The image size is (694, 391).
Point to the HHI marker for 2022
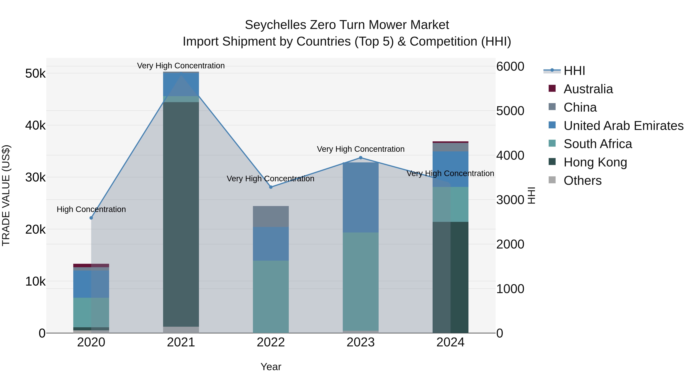tap(271, 187)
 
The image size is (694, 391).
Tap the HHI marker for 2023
tap(360, 158)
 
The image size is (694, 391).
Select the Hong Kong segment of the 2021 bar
tap(181, 214)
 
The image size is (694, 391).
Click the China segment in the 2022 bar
tap(271, 216)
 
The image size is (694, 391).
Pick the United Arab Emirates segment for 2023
tap(360, 198)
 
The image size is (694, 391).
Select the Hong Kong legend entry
tap(595, 162)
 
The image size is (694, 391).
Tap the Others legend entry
tap(582, 181)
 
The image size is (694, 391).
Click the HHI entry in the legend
tap(574, 71)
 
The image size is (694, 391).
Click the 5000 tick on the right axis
tap(510, 111)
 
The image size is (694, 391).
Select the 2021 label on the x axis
tap(181, 342)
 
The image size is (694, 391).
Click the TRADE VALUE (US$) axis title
tap(6, 195)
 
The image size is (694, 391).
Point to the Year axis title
tap(271, 367)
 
